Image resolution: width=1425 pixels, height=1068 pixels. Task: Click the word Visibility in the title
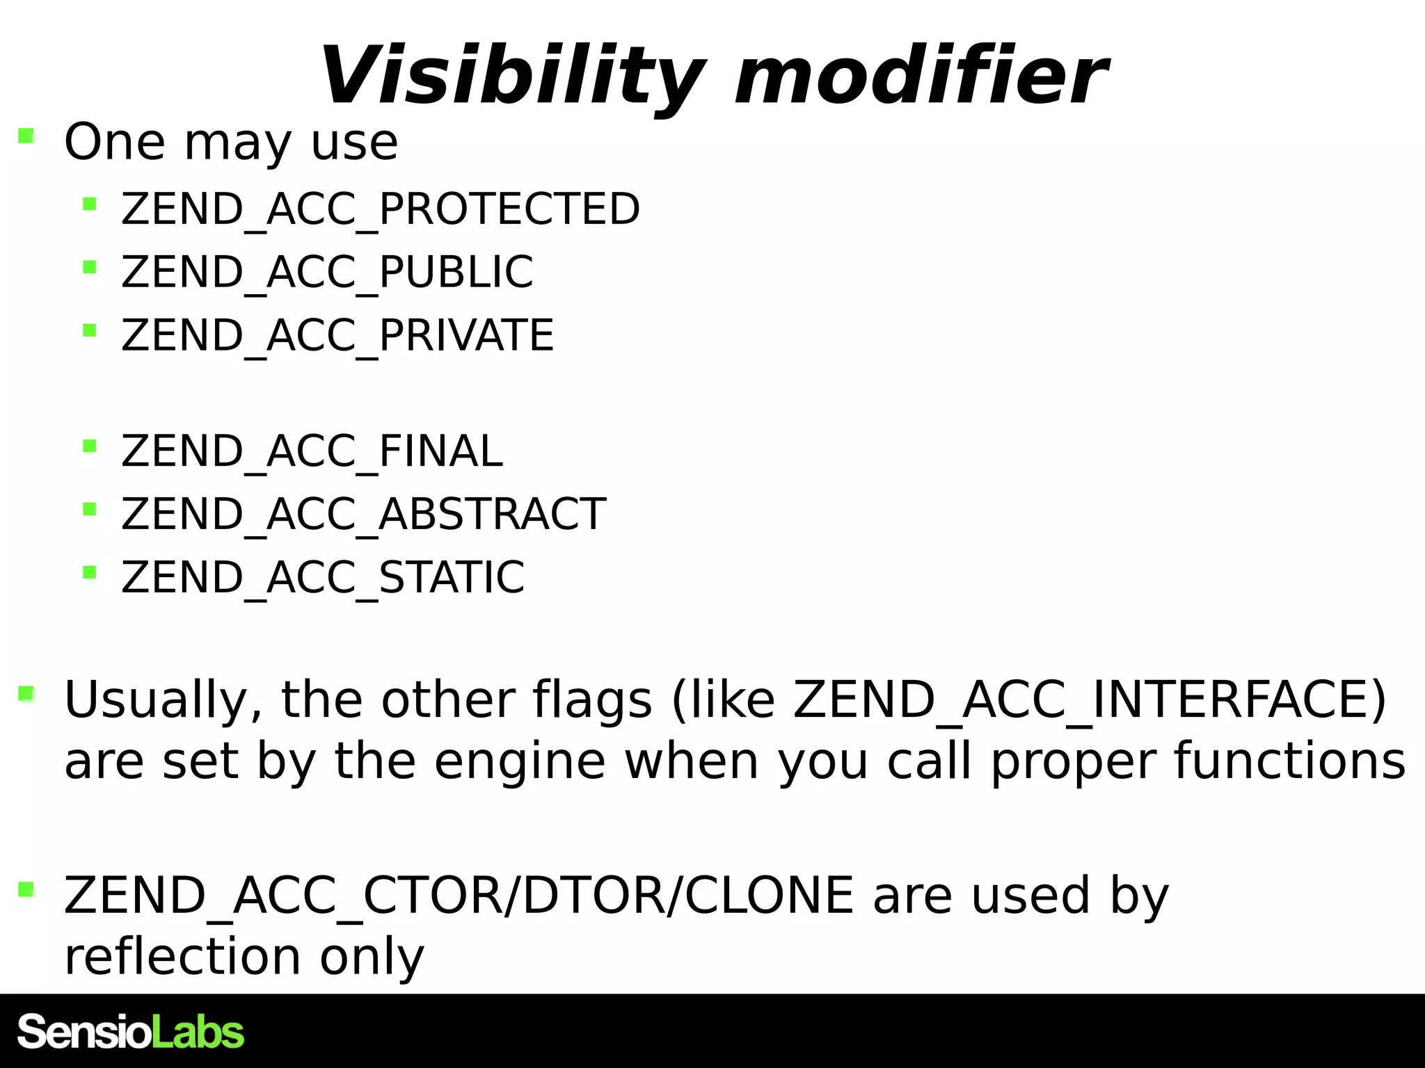click(x=512, y=75)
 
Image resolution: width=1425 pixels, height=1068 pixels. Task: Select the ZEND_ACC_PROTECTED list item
click(x=380, y=209)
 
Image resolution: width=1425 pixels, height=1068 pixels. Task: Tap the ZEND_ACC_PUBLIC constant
click(x=327, y=271)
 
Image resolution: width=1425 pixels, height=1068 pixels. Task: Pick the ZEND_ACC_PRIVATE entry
click(x=337, y=334)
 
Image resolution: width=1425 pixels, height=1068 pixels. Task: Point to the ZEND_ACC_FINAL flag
click(x=312, y=451)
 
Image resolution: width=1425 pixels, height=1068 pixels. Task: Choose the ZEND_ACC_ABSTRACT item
click(x=363, y=514)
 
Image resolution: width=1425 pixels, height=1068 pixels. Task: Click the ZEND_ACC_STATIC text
click(x=323, y=576)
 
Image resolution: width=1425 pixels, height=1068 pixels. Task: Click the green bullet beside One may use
click(x=26, y=135)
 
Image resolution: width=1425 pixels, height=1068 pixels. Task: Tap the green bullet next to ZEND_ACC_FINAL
click(x=89, y=446)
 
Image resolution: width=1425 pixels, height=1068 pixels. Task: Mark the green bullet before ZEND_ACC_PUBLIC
click(x=89, y=266)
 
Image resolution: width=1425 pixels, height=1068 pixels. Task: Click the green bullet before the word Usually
click(x=26, y=693)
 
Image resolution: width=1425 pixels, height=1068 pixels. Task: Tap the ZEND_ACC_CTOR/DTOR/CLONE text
click(x=459, y=895)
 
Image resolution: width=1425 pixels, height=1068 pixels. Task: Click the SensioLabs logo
click(x=131, y=1032)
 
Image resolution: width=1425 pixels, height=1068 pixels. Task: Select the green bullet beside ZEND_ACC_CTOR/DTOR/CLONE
click(x=26, y=889)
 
